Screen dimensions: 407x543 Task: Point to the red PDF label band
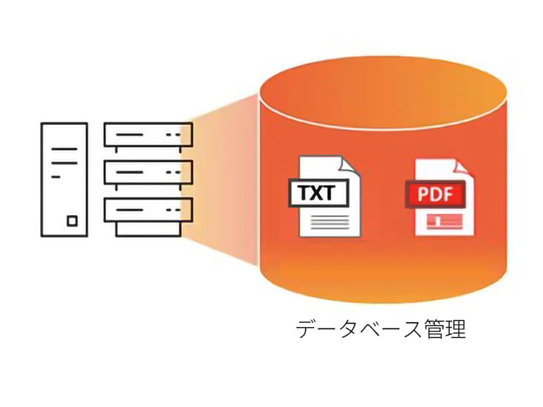tap(434, 195)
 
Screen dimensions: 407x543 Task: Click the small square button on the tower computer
tap(73, 220)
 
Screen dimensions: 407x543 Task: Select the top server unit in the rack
tap(148, 135)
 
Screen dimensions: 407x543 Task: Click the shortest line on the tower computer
tap(56, 176)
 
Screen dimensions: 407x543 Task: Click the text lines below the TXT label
tap(328, 220)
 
